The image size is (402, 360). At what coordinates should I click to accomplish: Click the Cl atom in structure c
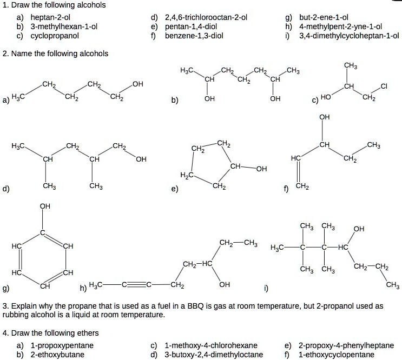coord(384,85)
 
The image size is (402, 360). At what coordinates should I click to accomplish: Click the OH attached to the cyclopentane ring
coord(261,168)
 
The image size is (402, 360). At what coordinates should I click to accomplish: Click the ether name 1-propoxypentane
coord(62,345)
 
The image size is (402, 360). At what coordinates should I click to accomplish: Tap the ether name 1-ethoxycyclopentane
coord(336,355)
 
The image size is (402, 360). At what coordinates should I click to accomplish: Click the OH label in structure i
coord(358,229)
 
